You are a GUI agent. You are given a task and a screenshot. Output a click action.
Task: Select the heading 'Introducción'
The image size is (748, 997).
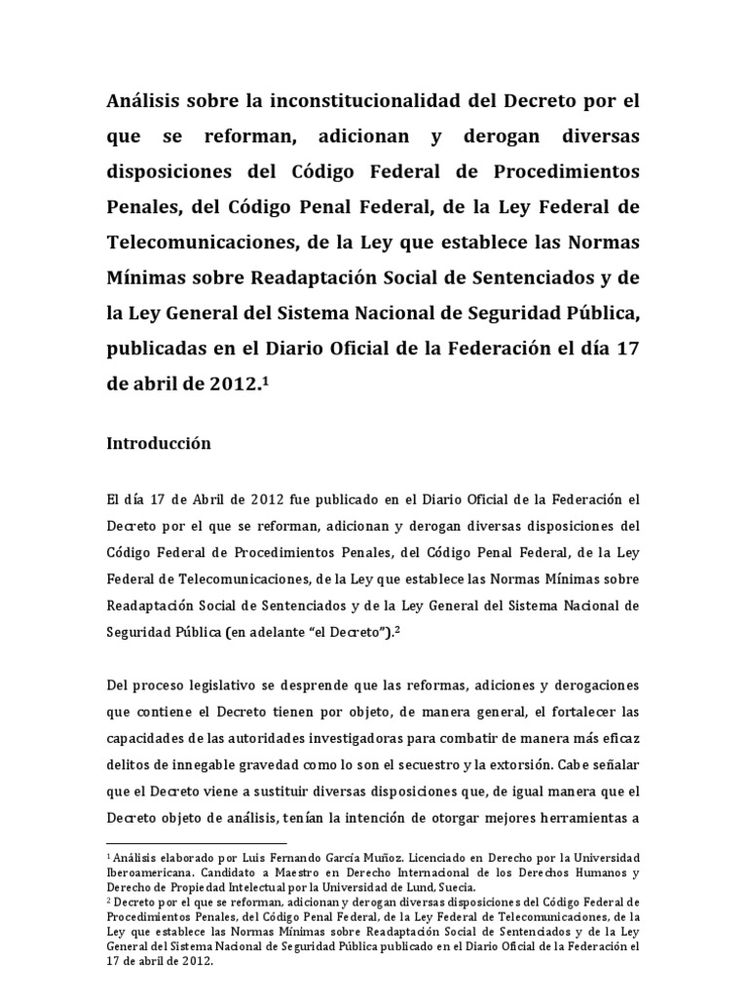(158, 442)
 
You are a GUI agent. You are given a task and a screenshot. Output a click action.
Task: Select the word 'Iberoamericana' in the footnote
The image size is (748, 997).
(154, 872)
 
